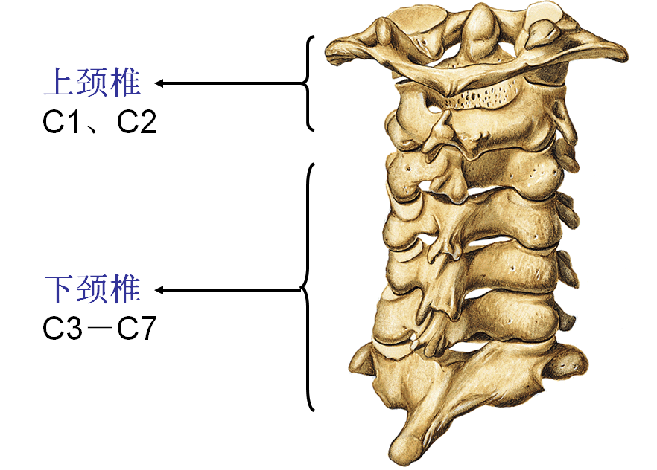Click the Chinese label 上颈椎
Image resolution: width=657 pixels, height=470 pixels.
(92, 83)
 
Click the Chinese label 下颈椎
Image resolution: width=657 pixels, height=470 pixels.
(92, 289)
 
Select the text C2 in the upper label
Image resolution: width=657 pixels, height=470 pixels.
(137, 122)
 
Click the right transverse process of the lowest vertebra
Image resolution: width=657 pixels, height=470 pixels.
(570, 363)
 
